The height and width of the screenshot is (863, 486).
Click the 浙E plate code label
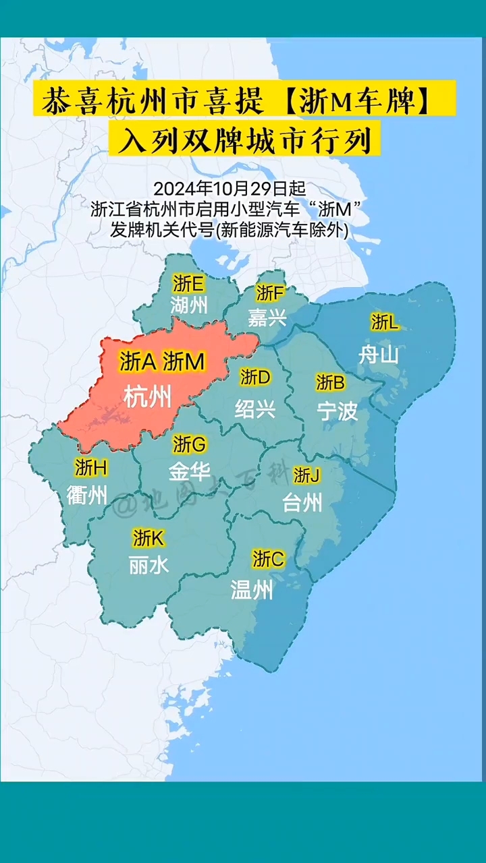(188, 282)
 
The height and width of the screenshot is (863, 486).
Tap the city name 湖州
(189, 305)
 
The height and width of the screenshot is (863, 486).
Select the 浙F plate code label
(270, 293)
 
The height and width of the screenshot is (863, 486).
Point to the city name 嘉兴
(267, 317)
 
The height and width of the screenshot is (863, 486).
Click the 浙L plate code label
(385, 322)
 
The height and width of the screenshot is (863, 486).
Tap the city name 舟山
(379, 354)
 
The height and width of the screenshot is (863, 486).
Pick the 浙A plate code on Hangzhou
(138, 362)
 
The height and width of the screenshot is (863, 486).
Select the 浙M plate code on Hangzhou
(184, 362)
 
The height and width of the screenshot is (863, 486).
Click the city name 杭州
(148, 398)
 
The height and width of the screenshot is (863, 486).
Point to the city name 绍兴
(255, 409)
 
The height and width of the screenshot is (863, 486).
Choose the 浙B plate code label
(330, 383)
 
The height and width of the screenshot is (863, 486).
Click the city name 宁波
(337, 411)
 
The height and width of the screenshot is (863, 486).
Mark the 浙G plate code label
(190, 444)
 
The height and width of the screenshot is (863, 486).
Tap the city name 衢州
(87, 496)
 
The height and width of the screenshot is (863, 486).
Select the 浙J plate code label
(306, 475)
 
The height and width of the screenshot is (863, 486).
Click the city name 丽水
(149, 565)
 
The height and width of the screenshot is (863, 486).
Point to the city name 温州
(252, 591)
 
